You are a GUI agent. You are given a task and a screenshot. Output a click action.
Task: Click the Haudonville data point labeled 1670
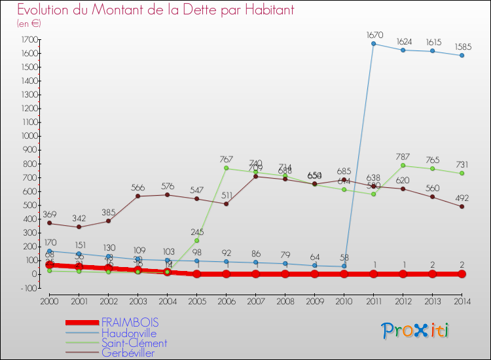pyautogui.click(x=373, y=44)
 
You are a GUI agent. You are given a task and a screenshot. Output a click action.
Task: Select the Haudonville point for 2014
pyautogui.click(x=462, y=56)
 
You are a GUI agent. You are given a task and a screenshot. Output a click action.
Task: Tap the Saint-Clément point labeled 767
pyautogui.click(x=226, y=168)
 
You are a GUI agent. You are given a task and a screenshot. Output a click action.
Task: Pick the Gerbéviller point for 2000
pyautogui.click(x=49, y=223)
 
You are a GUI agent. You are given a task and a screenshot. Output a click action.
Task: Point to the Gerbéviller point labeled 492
pyautogui.click(x=462, y=206)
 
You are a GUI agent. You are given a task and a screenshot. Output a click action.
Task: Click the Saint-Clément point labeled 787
pyautogui.click(x=403, y=166)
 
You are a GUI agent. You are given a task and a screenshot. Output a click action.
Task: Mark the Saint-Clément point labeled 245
pyautogui.click(x=196, y=240)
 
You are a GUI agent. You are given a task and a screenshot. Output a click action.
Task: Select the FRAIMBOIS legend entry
pyautogui.click(x=130, y=323)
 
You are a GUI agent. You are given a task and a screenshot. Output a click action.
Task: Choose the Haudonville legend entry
pyautogui.click(x=129, y=333)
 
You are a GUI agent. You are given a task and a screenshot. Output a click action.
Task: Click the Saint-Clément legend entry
pyautogui.click(x=134, y=343)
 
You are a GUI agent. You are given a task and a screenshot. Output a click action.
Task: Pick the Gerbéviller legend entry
pyautogui.click(x=130, y=353)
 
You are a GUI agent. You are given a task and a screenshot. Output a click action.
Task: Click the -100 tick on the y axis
pyautogui.click(x=27, y=287)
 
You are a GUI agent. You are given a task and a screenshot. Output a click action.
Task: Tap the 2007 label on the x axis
pyautogui.click(x=255, y=302)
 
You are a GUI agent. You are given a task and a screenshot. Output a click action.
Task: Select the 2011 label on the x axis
pyautogui.click(x=373, y=302)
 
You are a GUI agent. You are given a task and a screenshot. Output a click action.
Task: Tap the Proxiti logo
pyautogui.click(x=416, y=331)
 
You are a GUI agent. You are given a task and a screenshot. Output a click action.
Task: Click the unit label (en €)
pyautogui.click(x=29, y=24)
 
